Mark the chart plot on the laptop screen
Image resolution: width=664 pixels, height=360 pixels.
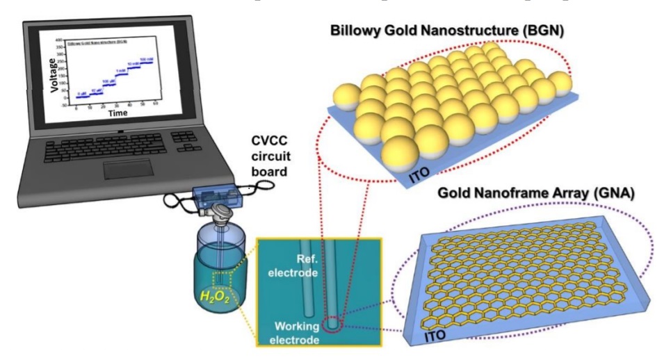113,73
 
